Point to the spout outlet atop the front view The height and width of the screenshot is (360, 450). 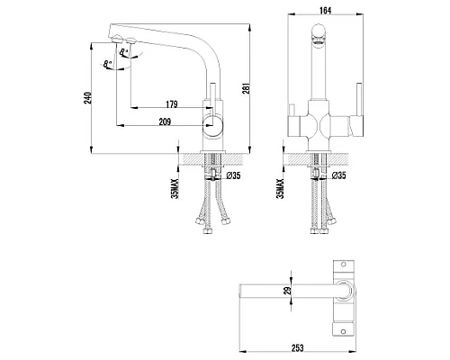[x=317, y=35]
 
